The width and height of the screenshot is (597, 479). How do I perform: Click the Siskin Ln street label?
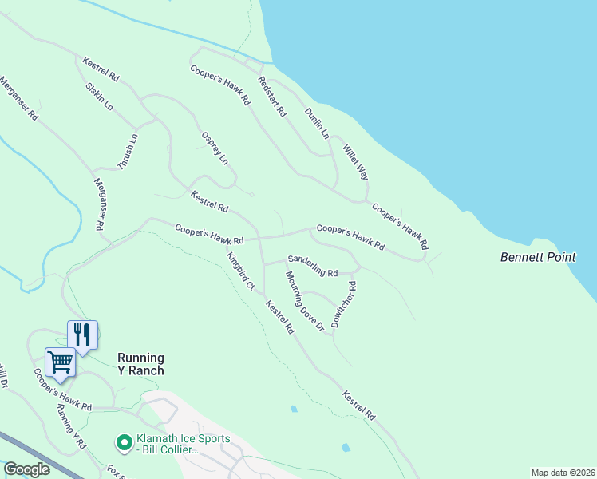98,96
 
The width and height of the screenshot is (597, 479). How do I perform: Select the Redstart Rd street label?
271,97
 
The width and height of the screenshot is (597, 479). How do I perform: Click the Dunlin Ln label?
317,124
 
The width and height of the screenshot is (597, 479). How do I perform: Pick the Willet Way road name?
355,162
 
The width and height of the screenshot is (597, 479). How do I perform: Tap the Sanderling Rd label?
314,266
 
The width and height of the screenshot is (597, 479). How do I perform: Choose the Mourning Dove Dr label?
304,301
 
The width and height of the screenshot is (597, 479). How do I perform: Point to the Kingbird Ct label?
240,271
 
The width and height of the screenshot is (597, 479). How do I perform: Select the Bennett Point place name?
538,257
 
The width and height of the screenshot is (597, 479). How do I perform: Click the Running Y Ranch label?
140,364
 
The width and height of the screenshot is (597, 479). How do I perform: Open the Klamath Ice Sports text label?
184,445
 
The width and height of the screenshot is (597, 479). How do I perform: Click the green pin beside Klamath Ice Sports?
124,441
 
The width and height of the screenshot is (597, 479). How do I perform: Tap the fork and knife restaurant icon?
82,334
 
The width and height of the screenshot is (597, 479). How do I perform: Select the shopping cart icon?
61,362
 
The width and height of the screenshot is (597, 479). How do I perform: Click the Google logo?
26,469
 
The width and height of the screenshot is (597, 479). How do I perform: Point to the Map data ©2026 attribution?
563,473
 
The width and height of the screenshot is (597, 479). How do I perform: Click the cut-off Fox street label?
117,471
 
